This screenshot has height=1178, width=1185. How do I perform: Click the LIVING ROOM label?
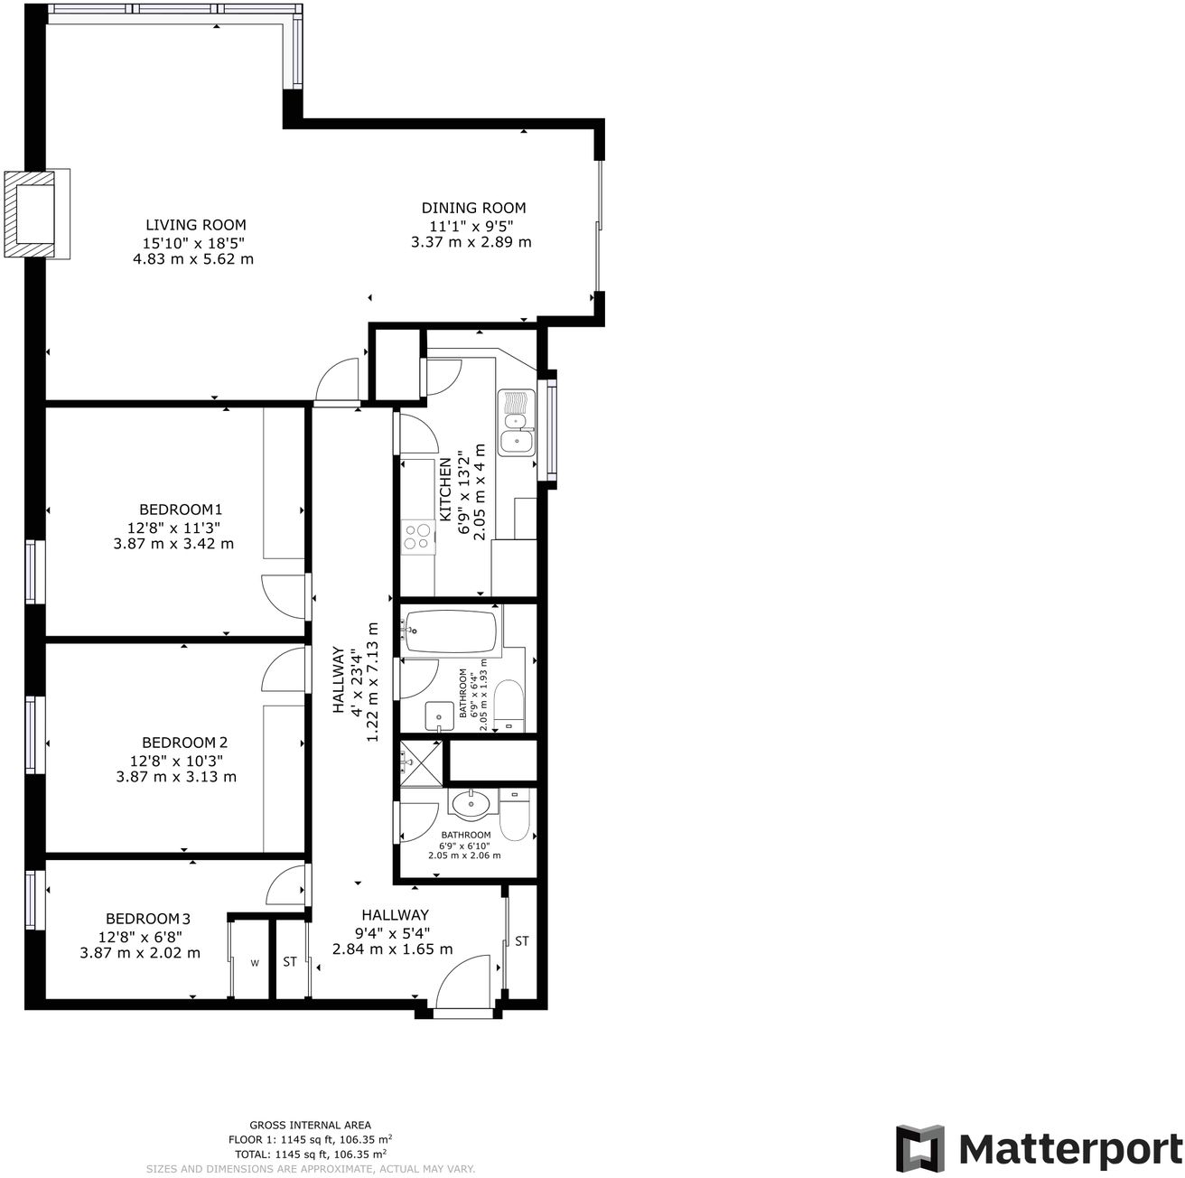point(196,225)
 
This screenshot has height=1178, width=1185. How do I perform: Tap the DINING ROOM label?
point(473,208)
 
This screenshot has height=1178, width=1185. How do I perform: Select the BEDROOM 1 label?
point(181,510)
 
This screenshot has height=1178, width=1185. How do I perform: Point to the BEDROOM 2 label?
point(178,743)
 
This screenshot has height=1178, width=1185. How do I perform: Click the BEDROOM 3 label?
point(148,918)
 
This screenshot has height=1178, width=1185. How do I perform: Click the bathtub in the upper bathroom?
point(451,631)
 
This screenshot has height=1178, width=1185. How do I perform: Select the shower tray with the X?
point(422,763)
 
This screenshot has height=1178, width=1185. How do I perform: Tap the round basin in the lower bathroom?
point(471,801)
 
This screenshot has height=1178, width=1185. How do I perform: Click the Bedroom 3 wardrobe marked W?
point(255,963)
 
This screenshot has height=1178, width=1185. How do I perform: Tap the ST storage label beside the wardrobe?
point(290,962)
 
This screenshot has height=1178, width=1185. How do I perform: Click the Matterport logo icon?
point(920,1148)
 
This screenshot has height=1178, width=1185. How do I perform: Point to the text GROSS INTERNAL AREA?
point(310,1126)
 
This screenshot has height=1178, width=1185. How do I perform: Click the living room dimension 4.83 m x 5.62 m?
point(193,259)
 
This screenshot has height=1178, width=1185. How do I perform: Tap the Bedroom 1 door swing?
point(284,596)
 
